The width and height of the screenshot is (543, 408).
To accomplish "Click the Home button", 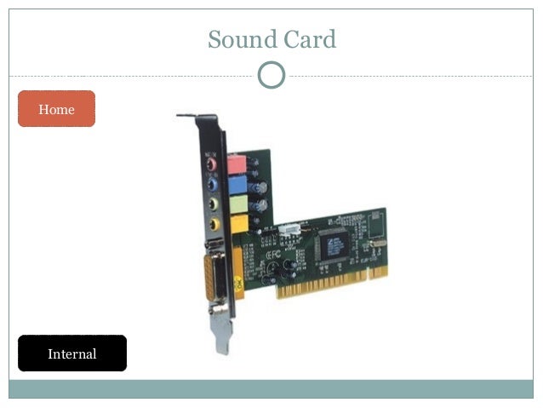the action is coord(56,109).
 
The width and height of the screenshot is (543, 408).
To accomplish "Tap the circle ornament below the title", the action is coord(271,75).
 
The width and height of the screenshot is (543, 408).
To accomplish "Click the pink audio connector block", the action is coord(237,164).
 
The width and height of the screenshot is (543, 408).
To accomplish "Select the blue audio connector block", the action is coord(237,184).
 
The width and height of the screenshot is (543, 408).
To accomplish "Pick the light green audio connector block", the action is coord(238,204).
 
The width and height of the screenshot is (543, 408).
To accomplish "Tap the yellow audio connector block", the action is coord(238,223).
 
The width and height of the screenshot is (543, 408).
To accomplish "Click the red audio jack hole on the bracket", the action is coord(211,163).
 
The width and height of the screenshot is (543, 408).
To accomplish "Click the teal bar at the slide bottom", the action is coord(271,388).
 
